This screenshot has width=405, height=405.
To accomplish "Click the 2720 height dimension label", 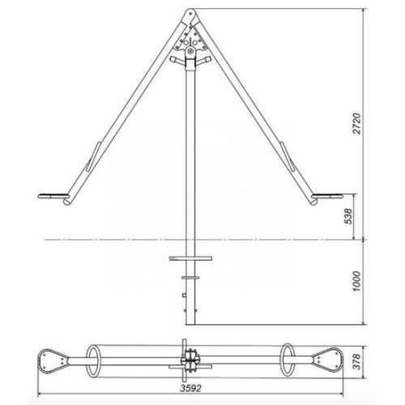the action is pos(356,124).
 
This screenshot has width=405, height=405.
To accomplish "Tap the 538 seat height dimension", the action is pos(348,216).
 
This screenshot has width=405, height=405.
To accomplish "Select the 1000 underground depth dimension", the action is pos(356,281).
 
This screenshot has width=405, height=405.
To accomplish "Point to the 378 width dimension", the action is pos(356,361).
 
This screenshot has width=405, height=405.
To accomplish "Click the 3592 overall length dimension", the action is pos(191,388).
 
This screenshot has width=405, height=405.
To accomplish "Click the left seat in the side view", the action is pos(53,196).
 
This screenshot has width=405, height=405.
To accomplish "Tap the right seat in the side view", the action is pos(327,196).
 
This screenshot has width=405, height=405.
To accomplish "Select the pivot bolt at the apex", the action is pos(190,13).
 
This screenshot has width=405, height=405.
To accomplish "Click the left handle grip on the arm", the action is pos(93,156).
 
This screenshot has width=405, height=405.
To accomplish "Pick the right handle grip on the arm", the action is pos(288,156).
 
